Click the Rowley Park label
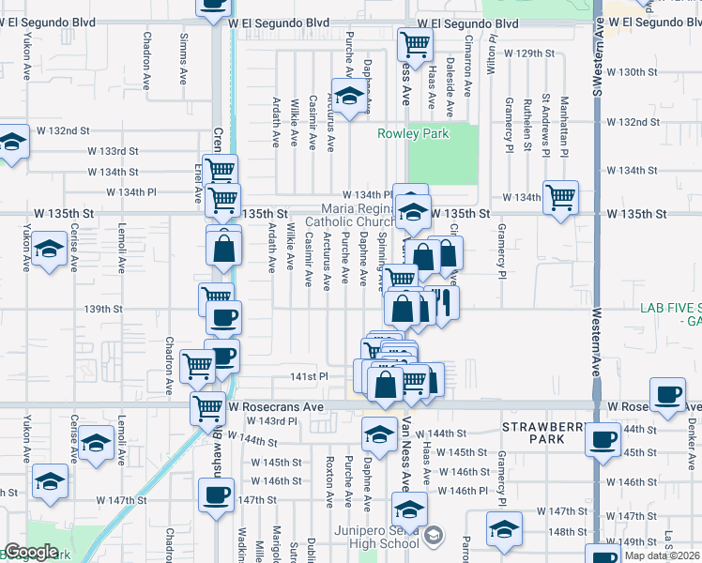pos(413,133)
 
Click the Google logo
pos(31,552)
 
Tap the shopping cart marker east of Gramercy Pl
pos(560,197)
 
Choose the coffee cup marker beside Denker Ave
pos(668,394)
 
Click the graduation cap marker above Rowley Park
pos(349,96)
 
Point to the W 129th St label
pos(528,53)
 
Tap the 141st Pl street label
pos(310,376)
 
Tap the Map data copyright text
pos(663,555)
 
